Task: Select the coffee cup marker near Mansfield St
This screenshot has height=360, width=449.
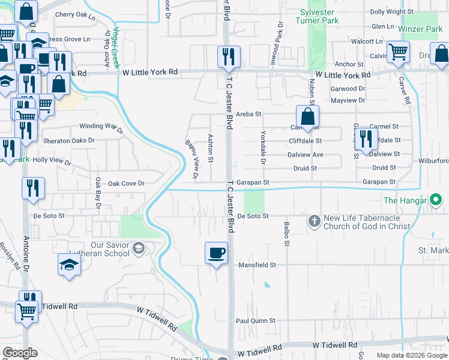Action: tap(216, 253)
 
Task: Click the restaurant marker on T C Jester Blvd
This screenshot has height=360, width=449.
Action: tap(229, 57)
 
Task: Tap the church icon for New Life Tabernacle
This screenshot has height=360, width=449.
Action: tap(314, 221)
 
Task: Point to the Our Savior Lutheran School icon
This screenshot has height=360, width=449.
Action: tap(139, 248)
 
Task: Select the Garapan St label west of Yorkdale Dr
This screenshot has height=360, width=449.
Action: tap(251, 182)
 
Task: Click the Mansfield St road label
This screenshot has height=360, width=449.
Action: tap(256, 265)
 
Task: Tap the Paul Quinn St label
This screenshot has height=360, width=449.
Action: tap(255, 321)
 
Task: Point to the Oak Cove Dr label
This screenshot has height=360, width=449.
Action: tap(126, 184)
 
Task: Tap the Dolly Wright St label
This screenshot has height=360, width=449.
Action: tap(392, 11)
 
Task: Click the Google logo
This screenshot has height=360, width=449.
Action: tap(20, 353)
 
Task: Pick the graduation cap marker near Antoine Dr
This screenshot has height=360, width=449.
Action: tap(69, 265)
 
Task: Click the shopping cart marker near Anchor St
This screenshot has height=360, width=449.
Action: tap(398, 52)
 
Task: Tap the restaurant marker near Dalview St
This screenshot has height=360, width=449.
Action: tap(366, 138)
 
